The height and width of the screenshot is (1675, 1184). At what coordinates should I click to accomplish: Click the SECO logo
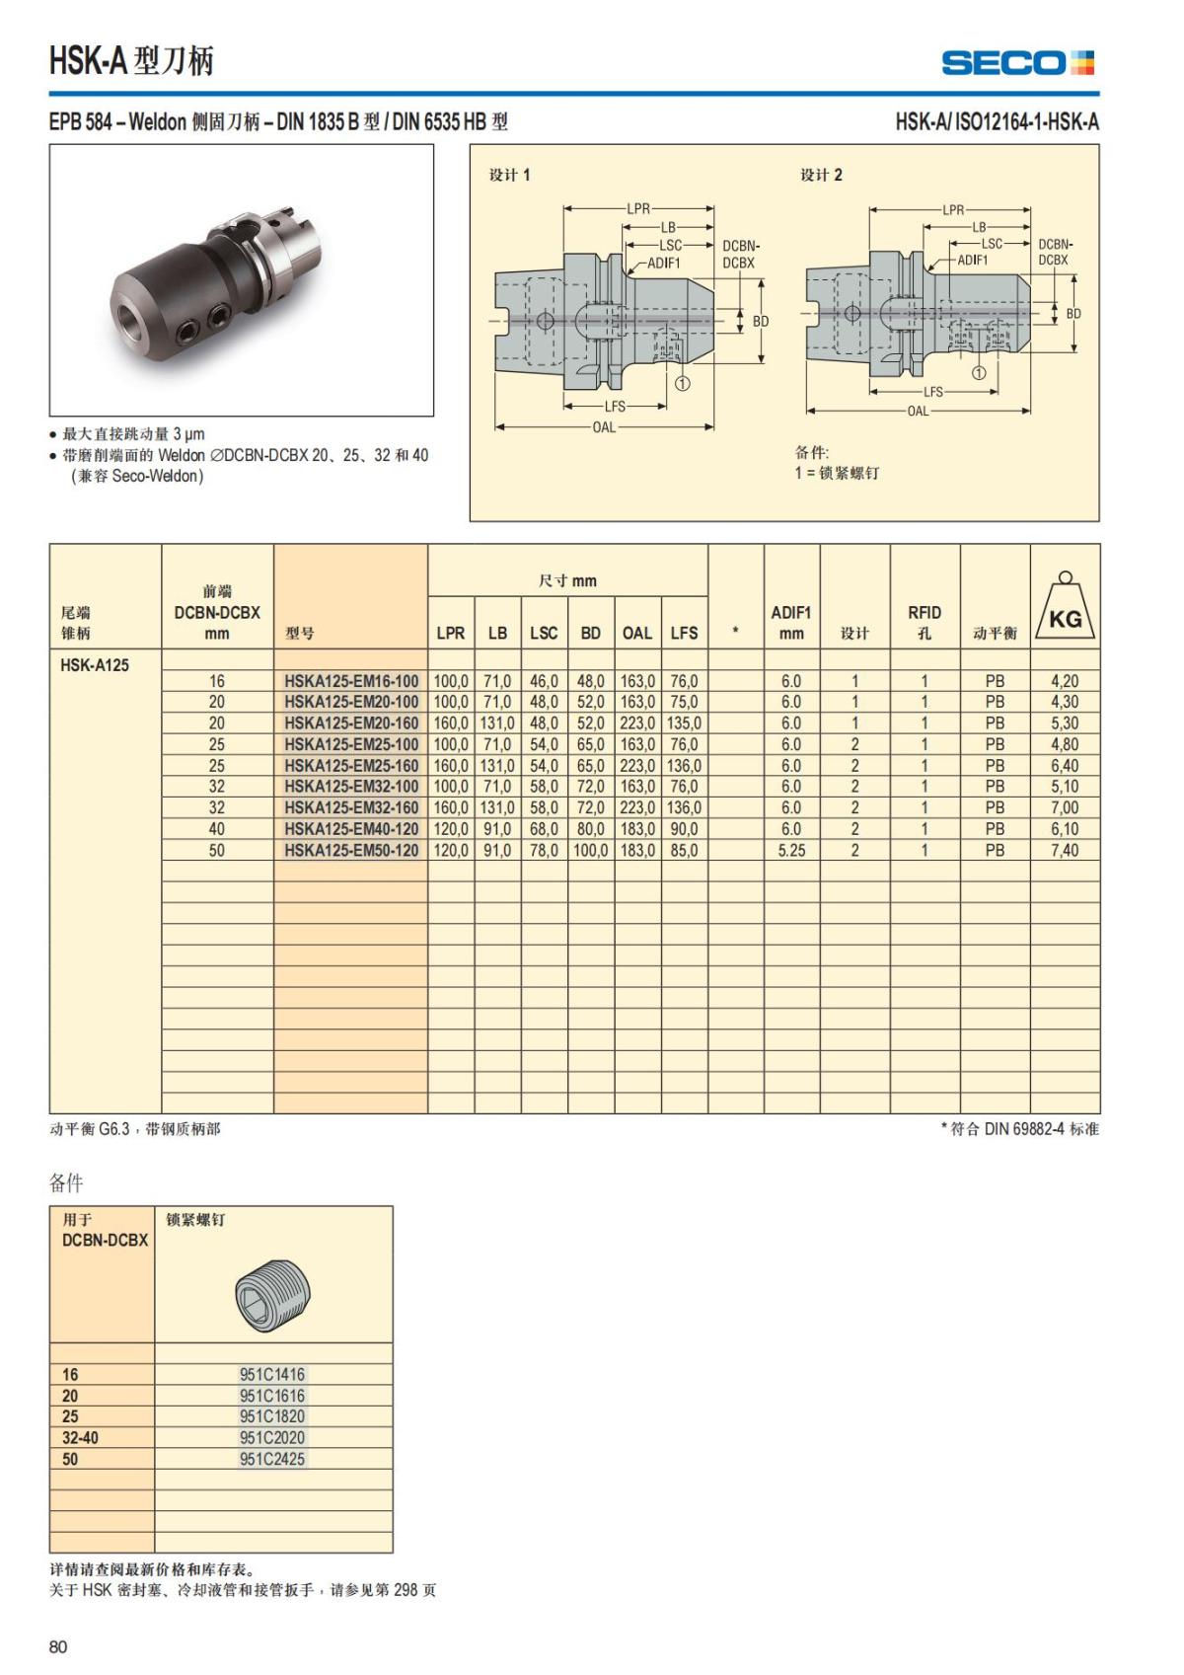tap(1017, 63)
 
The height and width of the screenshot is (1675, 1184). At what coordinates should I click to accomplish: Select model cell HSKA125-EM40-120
tap(351, 829)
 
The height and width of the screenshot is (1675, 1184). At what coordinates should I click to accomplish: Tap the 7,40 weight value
tap(1064, 850)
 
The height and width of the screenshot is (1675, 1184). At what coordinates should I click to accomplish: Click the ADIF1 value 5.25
tap(791, 850)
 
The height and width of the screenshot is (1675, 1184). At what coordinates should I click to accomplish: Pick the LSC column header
tap(544, 633)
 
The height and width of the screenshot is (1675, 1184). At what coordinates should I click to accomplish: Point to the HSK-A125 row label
tap(95, 664)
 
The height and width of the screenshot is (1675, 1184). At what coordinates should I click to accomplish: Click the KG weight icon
tap(1065, 608)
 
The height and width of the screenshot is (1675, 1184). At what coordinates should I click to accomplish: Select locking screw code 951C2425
tap(272, 1459)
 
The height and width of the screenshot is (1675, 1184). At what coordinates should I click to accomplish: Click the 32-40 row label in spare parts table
tap(80, 1438)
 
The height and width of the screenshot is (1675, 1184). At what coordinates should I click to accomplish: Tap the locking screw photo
tap(273, 1290)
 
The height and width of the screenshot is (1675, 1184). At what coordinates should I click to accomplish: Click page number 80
tap(58, 1646)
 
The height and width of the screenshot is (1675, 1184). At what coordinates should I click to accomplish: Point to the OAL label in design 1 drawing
tap(604, 427)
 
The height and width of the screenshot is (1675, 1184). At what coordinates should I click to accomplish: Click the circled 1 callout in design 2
tap(978, 373)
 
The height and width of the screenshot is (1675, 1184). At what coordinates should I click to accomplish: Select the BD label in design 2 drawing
tap(1073, 314)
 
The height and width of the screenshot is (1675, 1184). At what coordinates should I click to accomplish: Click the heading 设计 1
tap(509, 175)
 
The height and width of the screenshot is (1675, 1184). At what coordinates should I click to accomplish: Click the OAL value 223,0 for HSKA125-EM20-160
tap(636, 723)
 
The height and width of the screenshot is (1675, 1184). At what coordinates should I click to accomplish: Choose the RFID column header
tap(924, 622)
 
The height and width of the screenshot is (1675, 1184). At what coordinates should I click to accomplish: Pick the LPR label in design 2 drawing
tap(952, 209)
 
